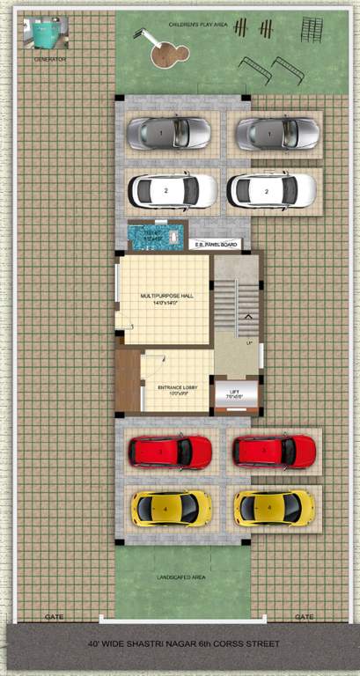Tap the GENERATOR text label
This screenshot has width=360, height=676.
tap(50, 59)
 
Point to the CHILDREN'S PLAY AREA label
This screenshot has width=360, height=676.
tap(199, 26)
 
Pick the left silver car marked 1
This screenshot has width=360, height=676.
tap(169, 133)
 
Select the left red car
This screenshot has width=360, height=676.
tap(171, 452)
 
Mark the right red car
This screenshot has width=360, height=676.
tap(274, 451)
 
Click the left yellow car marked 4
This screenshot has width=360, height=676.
tap(171, 507)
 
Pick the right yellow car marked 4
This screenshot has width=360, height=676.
tap(274, 507)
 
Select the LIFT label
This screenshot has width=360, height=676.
tap(234, 394)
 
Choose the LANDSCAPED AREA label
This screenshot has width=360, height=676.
tap(181, 577)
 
